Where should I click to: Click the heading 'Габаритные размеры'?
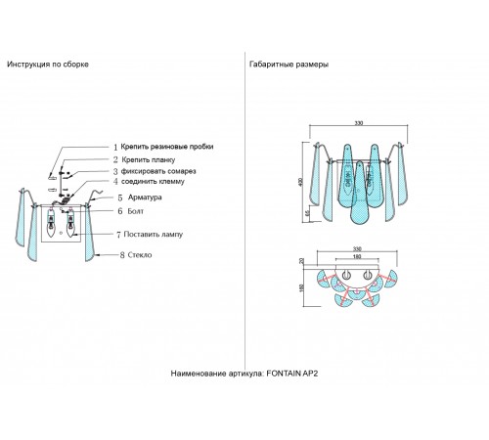click(289, 65)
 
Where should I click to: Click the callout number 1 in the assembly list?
click(115, 146)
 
